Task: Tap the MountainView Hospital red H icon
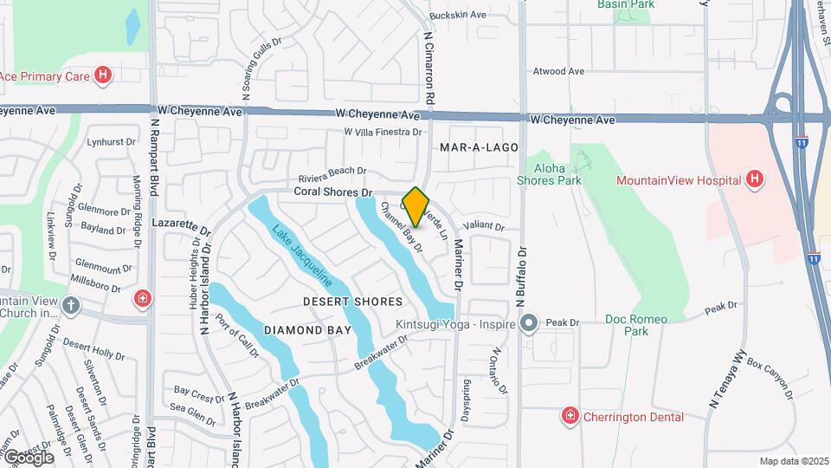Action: point(755,180)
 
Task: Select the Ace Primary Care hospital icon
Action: point(103,75)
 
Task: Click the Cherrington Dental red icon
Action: point(570,417)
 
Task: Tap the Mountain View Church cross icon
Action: point(71,306)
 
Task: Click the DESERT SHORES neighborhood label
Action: point(353,302)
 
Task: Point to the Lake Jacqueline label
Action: point(302,257)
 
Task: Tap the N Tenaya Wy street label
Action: point(727,379)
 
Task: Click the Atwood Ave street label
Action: point(559,71)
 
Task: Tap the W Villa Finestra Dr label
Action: point(382,133)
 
